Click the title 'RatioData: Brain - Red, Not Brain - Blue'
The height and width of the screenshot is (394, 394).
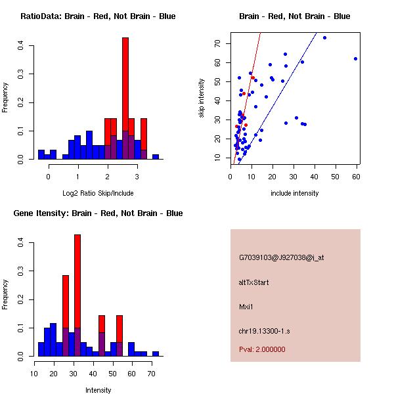(98, 16)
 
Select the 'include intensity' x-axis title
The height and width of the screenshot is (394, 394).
(294, 193)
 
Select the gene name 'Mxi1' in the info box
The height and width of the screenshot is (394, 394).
(247, 307)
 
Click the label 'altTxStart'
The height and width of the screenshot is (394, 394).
(254, 282)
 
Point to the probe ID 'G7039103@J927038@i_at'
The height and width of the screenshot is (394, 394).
(282, 257)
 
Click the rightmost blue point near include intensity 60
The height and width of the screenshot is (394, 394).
(355, 58)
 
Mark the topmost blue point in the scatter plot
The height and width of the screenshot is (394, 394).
(324, 37)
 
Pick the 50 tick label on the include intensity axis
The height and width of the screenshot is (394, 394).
(336, 177)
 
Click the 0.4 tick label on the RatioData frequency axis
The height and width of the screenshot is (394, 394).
(22, 45)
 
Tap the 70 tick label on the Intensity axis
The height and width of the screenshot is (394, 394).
(152, 374)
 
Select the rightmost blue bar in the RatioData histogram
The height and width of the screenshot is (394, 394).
(156, 157)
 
